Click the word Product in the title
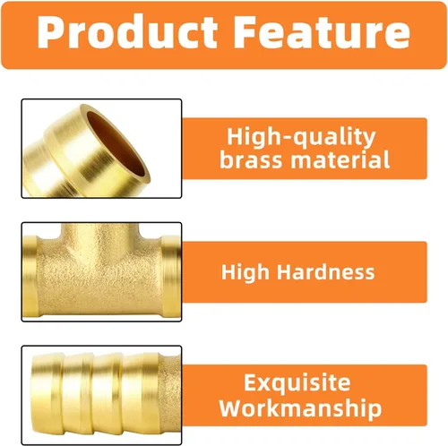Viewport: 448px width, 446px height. [127, 31]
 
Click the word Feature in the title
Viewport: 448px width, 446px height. [322, 31]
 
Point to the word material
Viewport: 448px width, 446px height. [340, 159]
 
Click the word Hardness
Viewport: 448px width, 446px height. [325, 271]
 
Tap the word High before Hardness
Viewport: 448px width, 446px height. [246, 272]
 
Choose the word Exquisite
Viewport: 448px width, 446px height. [297, 382]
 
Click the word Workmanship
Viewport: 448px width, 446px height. [300, 408]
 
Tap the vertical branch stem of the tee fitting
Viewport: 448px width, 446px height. [100, 236]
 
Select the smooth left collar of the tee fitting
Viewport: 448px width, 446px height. [30, 276]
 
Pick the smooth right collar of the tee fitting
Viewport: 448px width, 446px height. [171, 276]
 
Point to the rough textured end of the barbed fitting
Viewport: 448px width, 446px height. [172, 394]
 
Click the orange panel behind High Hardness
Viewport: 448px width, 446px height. [305, 272]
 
